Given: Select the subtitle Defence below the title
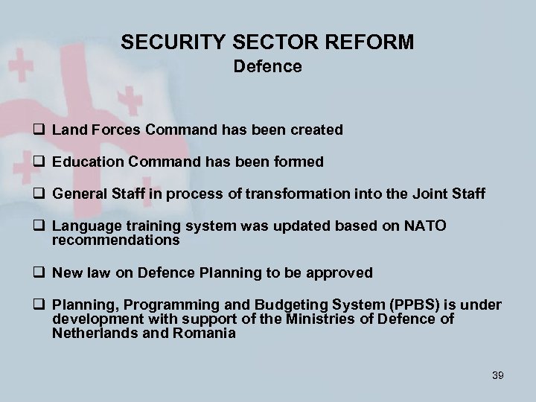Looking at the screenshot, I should click(x=267, y=67).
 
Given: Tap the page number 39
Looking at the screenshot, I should click(x=497, y=375).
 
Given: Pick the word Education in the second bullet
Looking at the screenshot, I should click(x=83, y=162).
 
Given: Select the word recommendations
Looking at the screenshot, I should click(x=115, y=240).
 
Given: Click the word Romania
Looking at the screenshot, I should click(x=207, y=333).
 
